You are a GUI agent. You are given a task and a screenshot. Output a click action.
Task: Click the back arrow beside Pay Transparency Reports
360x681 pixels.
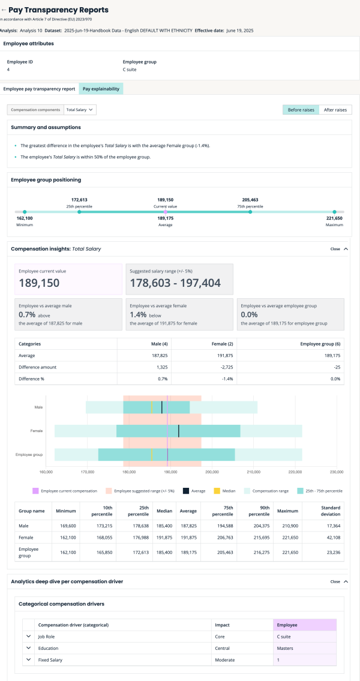click(4, 10)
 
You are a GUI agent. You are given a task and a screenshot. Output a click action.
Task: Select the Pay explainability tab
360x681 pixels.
click(101, 89)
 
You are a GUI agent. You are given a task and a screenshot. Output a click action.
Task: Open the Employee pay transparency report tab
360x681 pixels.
click(40, 89)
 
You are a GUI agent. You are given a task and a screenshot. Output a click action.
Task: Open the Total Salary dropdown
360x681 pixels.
click(80, 110)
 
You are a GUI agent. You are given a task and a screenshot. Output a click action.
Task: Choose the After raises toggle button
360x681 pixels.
click(335, 110)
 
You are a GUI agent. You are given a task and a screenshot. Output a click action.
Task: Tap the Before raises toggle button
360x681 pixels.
click(301, 110)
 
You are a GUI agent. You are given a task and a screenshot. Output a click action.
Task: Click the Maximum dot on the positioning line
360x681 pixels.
click(335, 211)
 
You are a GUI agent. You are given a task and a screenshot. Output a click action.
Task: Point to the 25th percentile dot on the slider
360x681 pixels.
click(79, 211)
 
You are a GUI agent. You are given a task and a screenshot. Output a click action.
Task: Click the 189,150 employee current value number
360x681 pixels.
click(40, 283)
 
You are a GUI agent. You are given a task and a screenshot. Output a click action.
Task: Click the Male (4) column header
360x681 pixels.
click(160, 344)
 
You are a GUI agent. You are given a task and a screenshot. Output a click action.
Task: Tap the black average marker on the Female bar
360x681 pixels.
click(179, 431)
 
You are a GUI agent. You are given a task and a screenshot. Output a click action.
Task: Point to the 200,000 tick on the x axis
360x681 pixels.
click(212, 471)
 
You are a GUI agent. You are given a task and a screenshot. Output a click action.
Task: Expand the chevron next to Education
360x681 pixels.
click(28, 648)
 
